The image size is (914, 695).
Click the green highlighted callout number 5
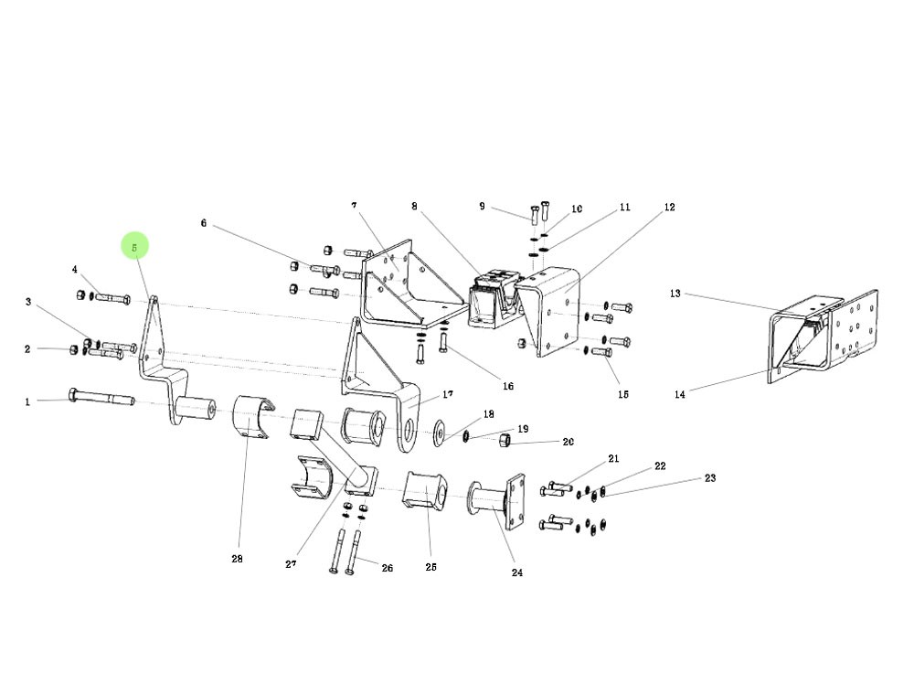click(x=134, y=246)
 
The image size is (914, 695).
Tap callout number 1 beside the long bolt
click(x=27, y=401)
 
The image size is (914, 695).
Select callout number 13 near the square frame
click(x=675, y=294)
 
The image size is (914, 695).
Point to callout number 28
click(x=237, y=559)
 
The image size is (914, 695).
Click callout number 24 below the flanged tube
click(x=517, y=573)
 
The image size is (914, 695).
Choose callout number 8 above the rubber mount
click(x=414, y=207)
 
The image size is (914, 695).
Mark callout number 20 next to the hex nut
click(x=568, y=442)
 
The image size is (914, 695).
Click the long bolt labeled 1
click(x=101, y=399)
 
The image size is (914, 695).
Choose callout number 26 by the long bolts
click(x=387, y=568)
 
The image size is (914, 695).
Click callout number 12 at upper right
click(x=669, y=208)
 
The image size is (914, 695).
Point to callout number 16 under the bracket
click(x=508, y=386)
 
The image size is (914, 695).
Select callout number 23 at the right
click(x=709, y=478)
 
